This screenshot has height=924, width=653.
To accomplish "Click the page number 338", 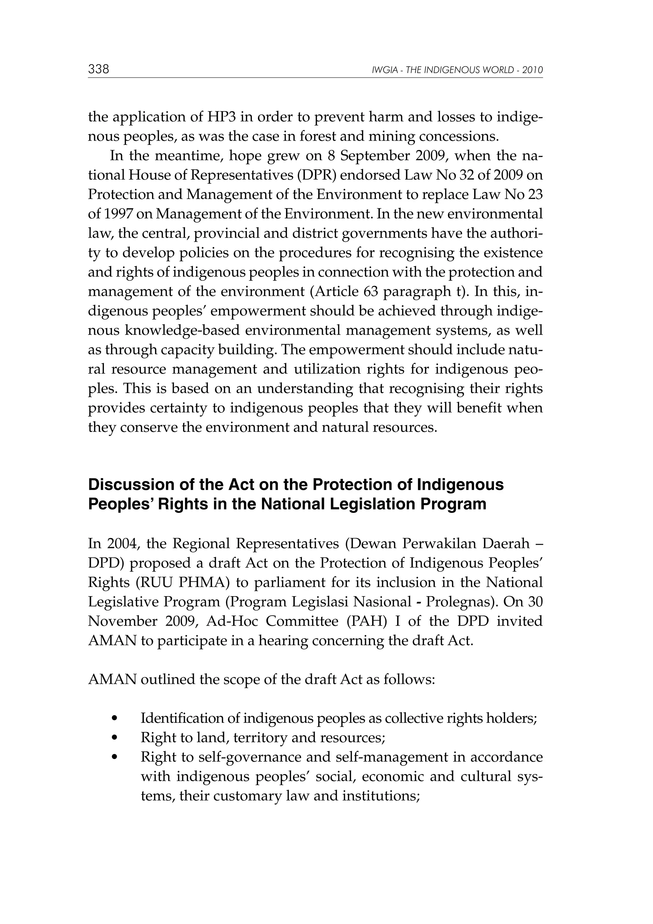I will [x=99, y=69].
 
